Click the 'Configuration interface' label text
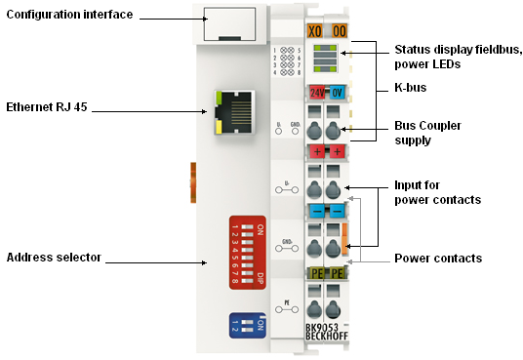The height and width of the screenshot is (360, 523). pos(69,16)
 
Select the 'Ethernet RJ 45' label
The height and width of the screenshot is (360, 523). pos(47,107)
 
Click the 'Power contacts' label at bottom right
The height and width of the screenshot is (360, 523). pos(437,259)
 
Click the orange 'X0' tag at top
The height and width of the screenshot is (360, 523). pos(315,30)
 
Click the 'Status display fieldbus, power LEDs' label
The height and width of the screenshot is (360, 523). pos(457,58)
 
